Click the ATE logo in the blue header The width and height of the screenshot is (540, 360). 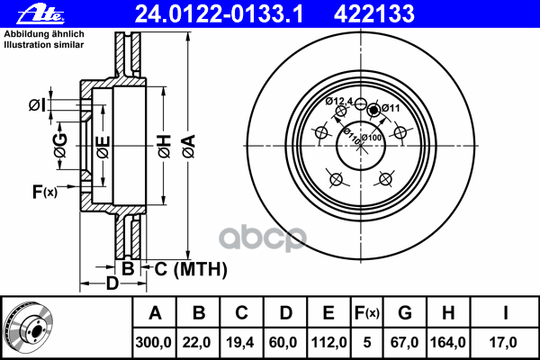tap(40, 14)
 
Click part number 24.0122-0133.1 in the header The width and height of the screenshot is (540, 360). tap(219, 13)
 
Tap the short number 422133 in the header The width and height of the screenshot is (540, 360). tap(374, 13)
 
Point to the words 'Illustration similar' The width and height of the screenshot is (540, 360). tap(44, 45)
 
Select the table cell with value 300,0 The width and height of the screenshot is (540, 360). tap(154, 342)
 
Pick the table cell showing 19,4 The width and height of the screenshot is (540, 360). tap(240, 342)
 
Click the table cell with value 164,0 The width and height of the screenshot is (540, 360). tap(448, 342)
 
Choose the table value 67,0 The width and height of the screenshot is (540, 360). tap(405, 342)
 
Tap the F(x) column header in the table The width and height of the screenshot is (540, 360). tap(367, 313)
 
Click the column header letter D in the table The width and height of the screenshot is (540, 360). tap(286, 313)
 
